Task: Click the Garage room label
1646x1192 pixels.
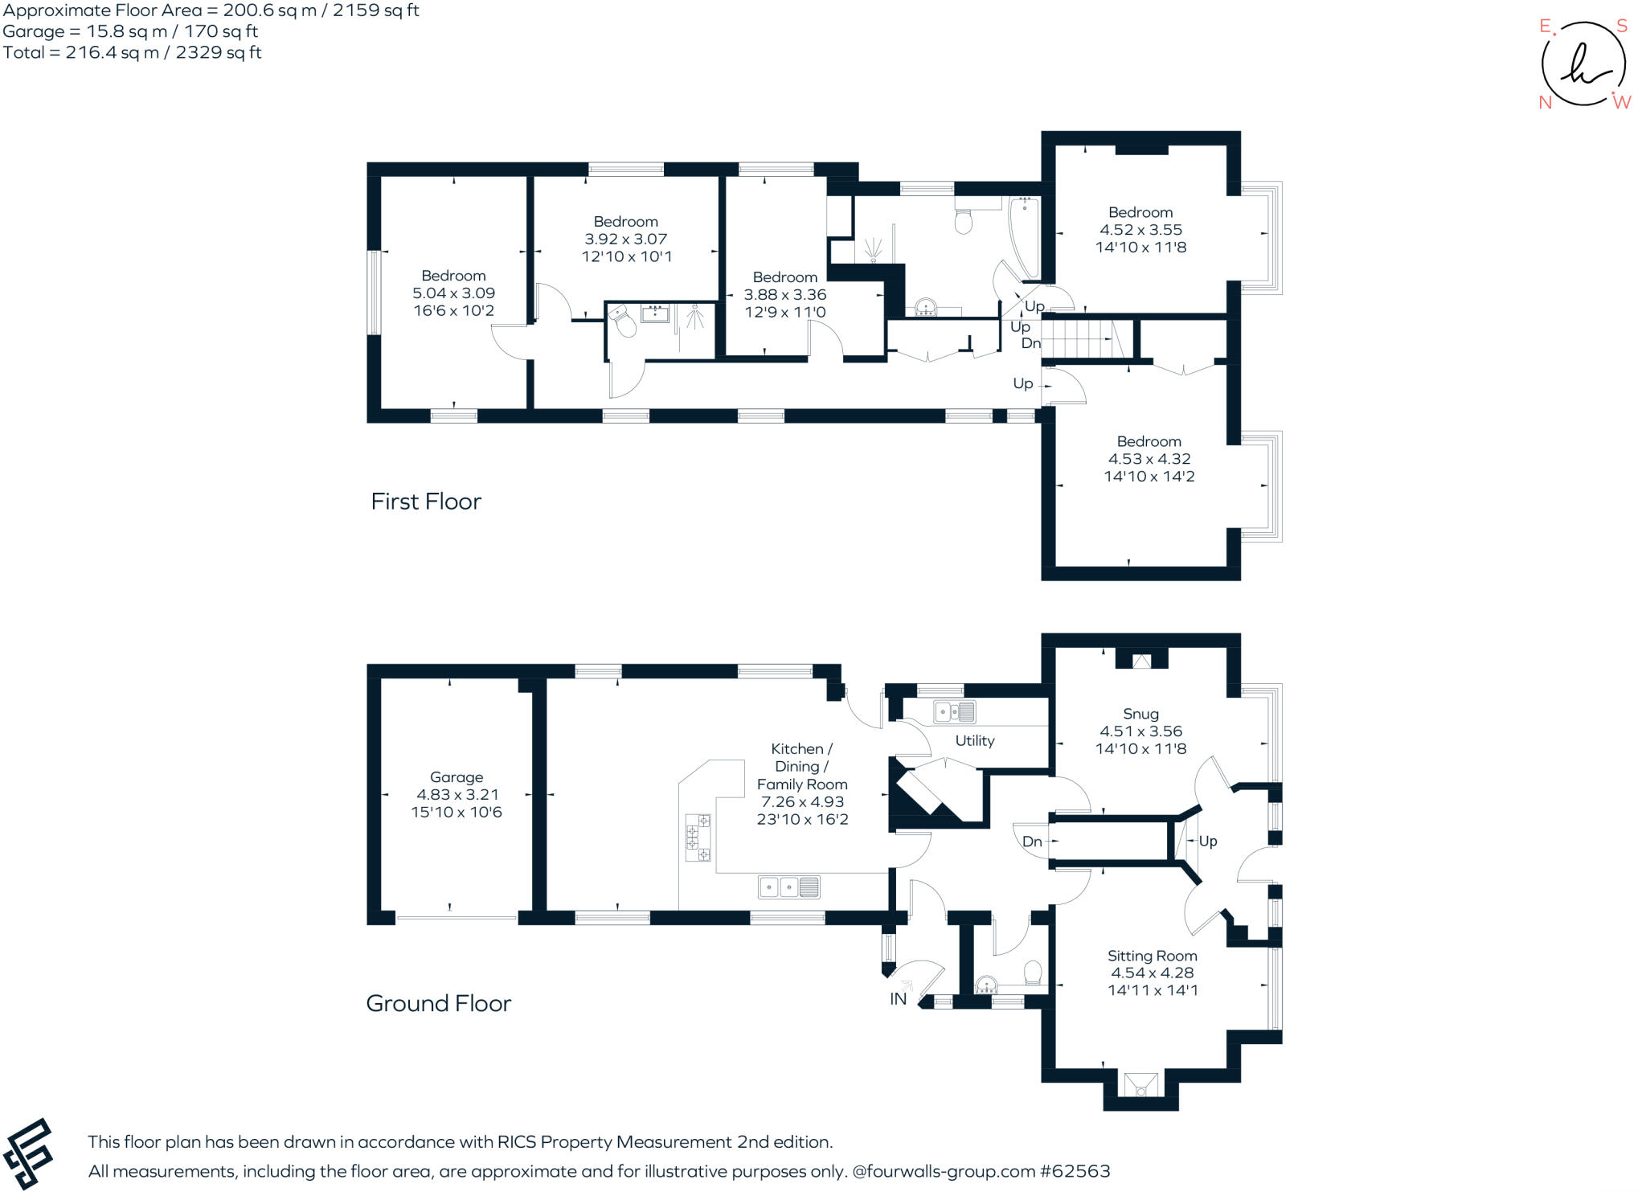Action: coord(456,777)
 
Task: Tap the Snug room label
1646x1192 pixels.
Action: coord(1140,714)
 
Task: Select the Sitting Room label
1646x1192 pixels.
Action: coord(1152,956)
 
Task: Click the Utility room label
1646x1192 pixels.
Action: coord(974,741)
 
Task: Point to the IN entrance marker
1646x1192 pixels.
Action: coord(898,999)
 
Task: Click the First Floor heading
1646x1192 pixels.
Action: coord(425,502)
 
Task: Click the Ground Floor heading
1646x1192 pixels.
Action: coord(438,1003)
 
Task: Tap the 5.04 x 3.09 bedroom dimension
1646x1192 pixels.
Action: coord(453,293)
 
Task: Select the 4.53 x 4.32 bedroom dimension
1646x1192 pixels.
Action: coord(1149,459)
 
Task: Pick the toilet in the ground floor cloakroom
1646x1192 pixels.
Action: coord(1033,973)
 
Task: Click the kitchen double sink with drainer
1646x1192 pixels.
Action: coord(788,887)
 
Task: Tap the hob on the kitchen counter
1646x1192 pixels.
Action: coord(698,838)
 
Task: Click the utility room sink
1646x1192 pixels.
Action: coord(954,712)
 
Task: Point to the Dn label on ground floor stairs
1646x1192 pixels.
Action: coord(1032,842)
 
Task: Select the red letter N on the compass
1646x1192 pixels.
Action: coord(1545,103)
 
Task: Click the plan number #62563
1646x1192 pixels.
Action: coord(1075,1171)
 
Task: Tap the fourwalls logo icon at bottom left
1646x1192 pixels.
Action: coord(28,1153)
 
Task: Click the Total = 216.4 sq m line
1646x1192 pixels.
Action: coord(132,53)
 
